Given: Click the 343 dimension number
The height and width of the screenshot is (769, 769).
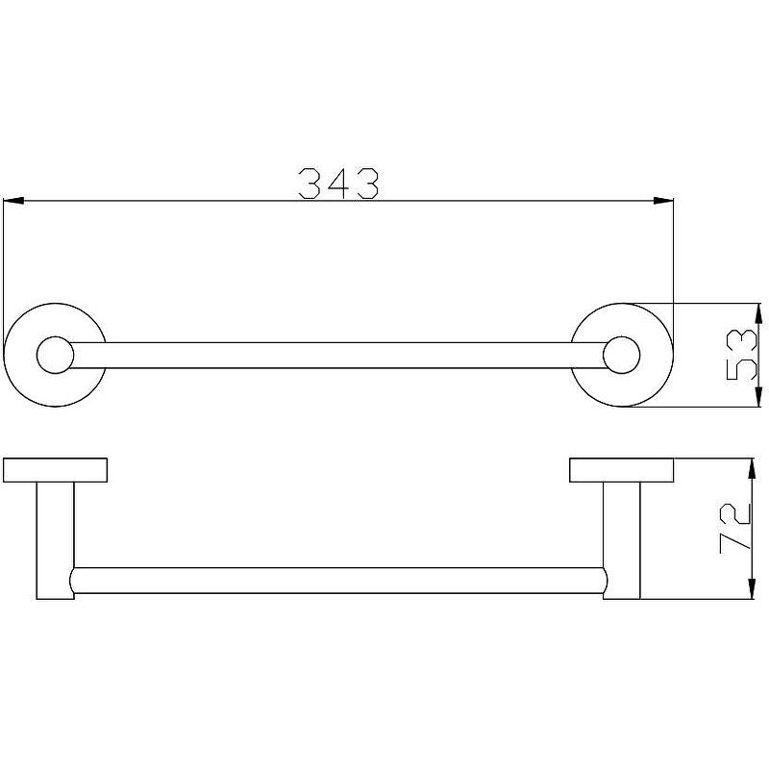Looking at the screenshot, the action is tap(338, 184).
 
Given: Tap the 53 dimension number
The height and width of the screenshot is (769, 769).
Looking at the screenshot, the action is tap(741, 355).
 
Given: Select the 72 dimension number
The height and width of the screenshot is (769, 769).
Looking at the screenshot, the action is tap(735, 529).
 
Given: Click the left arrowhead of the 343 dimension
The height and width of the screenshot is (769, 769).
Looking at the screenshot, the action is tap(13, 201).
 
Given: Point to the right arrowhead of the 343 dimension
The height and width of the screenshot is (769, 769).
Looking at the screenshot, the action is tap(663, 201).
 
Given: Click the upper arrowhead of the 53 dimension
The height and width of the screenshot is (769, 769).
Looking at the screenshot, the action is tap(758, 313).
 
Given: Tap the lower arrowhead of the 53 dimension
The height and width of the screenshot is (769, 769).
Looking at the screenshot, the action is tap(758, 396).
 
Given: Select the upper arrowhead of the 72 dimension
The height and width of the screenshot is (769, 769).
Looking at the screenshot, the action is tap(751, 468).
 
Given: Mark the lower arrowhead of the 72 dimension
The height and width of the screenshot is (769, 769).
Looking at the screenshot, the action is tap(751, 589).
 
